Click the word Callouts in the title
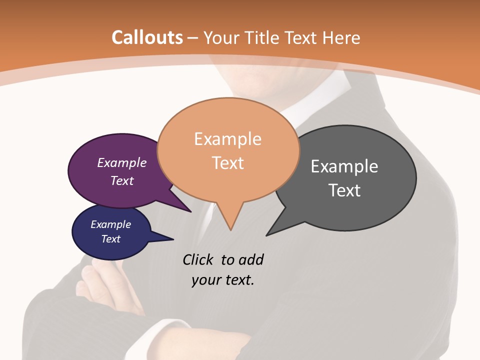pos(147,37)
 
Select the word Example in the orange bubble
pos(227,139)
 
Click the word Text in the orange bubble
pos(227,163)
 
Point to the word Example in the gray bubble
pos(344,166)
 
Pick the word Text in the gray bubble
pos(344,190)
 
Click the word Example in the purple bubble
pos(122,162)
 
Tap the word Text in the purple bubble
pos(122,180)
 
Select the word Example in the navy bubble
pos(111,224)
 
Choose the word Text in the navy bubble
pos(111,239)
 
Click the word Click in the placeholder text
pos(198,259)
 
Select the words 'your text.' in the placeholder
pos(222,280)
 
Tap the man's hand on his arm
pos(100,282)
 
